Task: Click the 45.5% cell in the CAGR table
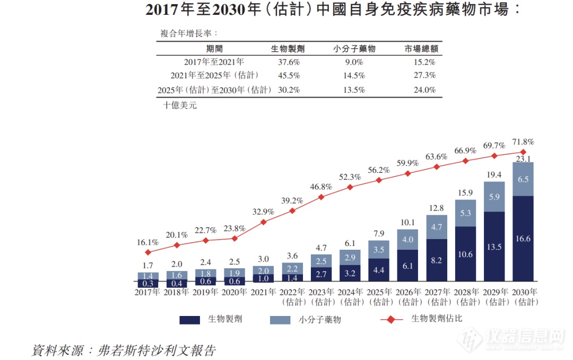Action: click(x=289, y=75)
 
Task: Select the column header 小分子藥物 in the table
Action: click(x=354, y=48)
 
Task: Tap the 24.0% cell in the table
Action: click(x=425, y=90)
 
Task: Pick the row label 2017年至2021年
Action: click(x=214, y=62)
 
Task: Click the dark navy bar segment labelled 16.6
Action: click(x=523, y=239)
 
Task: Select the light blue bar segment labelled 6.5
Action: click(x=523, y=179)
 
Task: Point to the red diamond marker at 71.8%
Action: click(x=523, y=152)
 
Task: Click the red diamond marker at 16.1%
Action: click(x=148, y=252)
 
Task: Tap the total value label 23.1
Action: click(x=523, y=158)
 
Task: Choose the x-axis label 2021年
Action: click(x=264, y=292)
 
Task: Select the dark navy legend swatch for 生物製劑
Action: click(x=190, y=320)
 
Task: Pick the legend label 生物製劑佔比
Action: click(x=437, y=319)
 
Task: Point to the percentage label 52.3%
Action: click(x=350, y=177)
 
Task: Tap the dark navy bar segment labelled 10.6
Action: click(x=465, y=254)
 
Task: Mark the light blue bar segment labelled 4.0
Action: click(x=407, y=240)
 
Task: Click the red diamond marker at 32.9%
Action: click(x=264, y=222)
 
